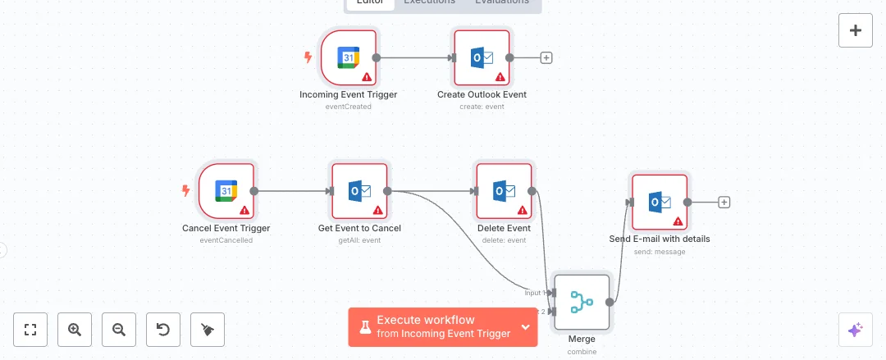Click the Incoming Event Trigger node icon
pyautogui.click(x=349, y=58)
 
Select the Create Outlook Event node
pyautogui.click(x=482, y=58)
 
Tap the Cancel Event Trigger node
pyautogui.click(x=226, y=191)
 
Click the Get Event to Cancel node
pyautogui.click(x=359, y=191)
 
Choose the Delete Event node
pyautogui.click(x=504, y=191)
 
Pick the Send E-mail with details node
pyautogui.click(x=659, y=202)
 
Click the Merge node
pyautogui.click(x=582, y=302)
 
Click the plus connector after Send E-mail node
pyautogui.click(x=724, y=202)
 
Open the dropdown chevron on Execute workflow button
pyautogui.click(x=525, y=326)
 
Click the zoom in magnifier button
pyautogui.click(x=75, y=330)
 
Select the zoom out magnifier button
pyautogui.click(x=119, y=330)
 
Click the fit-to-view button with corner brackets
pyautogui.click(x=31, y=330)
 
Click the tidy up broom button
pyautogui.click(x=207, y=330)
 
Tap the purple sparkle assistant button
pyautogui.click(x=855, y=330)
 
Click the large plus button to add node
pyautogui.click(x=855, y=31)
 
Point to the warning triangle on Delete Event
pyautogui.click(x=523, y=210)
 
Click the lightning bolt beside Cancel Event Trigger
pyautogui.click(x=185, y=191)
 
